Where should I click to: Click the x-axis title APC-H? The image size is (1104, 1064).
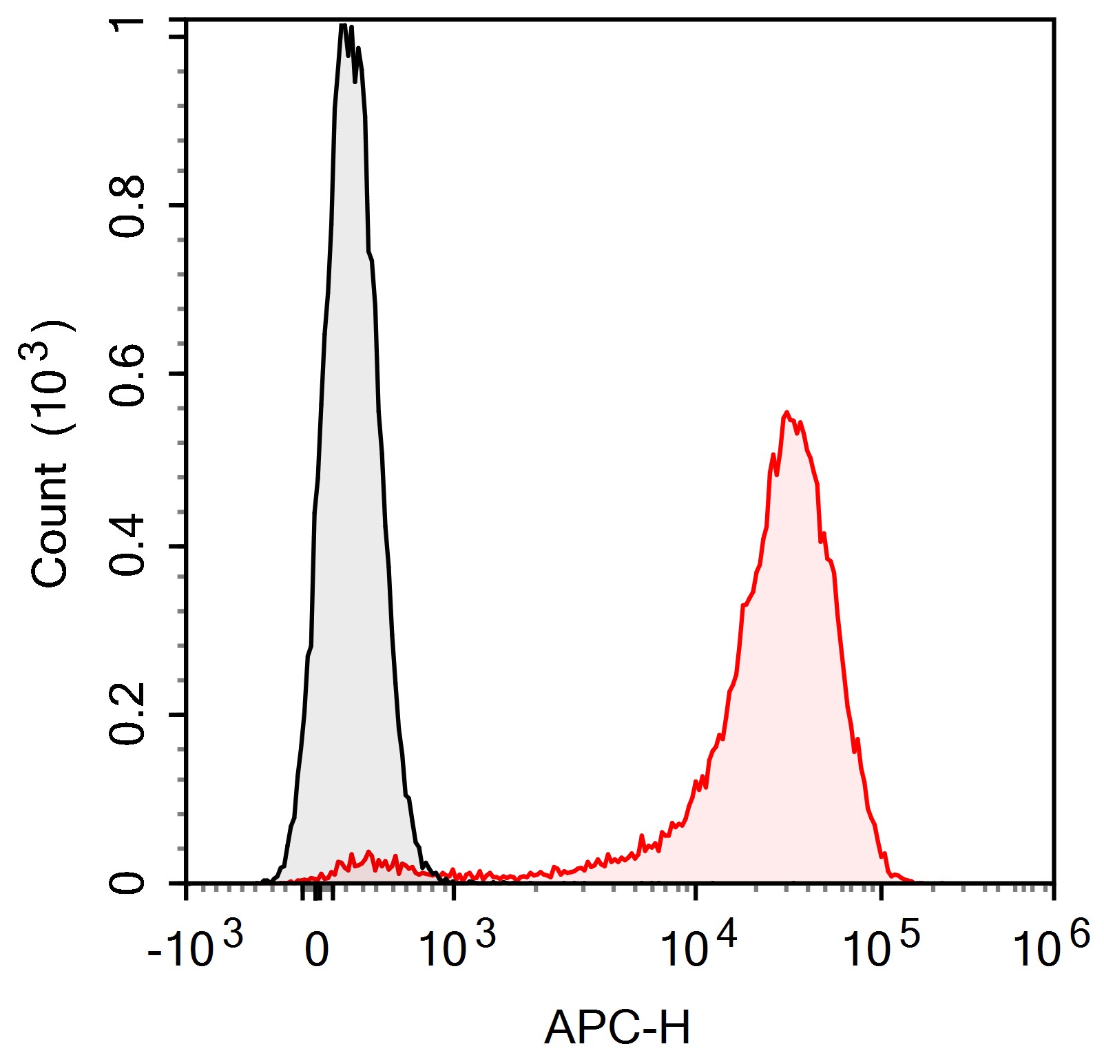(616, 1029)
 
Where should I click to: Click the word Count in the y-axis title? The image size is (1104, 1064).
(50, 525)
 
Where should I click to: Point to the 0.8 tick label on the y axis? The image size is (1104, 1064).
(127, 207)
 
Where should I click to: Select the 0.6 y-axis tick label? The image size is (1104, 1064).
(127, 375)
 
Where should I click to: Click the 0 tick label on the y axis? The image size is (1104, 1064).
(127, 882)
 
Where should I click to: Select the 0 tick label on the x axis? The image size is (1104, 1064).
(316, 951)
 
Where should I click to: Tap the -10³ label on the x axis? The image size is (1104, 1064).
(195, 947)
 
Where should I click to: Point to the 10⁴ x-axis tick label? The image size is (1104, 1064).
(698, 947)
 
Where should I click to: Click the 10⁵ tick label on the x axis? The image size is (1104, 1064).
(881, 947)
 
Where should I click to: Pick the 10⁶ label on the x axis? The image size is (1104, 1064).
(1051, 947)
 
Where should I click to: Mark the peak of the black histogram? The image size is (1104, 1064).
(343, 26)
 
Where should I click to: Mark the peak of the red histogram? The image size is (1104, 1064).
(787, 413)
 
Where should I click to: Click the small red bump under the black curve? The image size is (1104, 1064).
(368, 854)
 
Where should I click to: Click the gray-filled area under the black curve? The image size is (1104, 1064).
(351, 482)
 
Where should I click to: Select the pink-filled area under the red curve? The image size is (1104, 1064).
(792, 689)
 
